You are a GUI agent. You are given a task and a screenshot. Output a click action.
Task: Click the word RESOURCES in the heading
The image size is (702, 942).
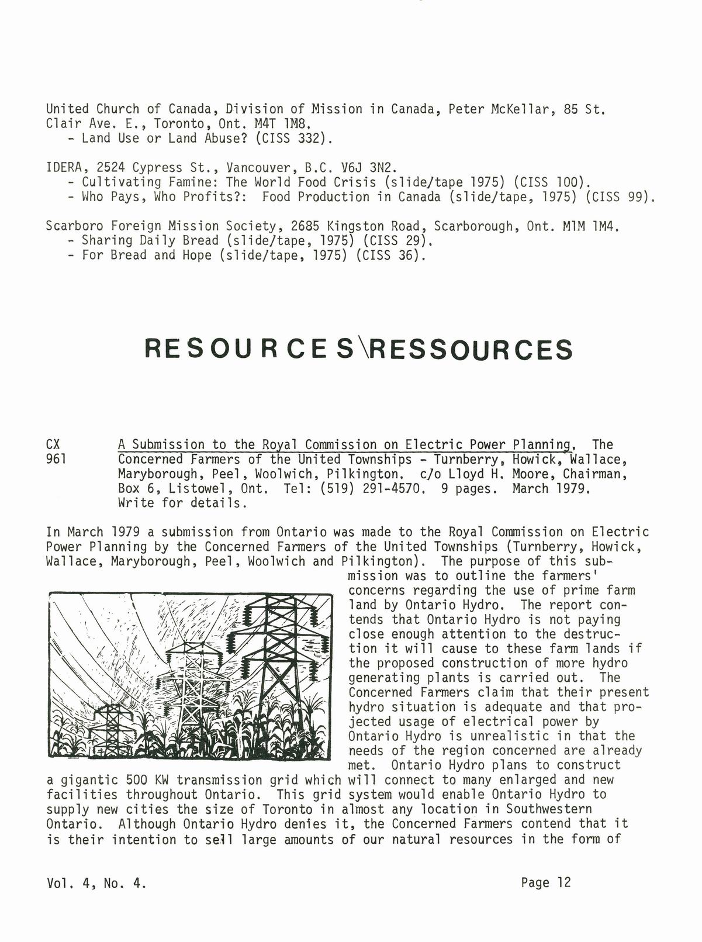pyautogui.click(x=249, y=349)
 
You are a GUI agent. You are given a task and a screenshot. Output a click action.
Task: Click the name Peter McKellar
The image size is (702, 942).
pyautogui.click(x=498, y=109)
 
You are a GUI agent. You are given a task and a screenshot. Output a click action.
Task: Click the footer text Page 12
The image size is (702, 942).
pyautogui.click(x=545, y=882)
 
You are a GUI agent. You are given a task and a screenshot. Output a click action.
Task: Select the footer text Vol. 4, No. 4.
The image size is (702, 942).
pyautogui.click(x=96, y=883)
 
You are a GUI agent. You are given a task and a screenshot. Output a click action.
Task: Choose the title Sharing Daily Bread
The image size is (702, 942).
pyautogui.click(x=146, y=240)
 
